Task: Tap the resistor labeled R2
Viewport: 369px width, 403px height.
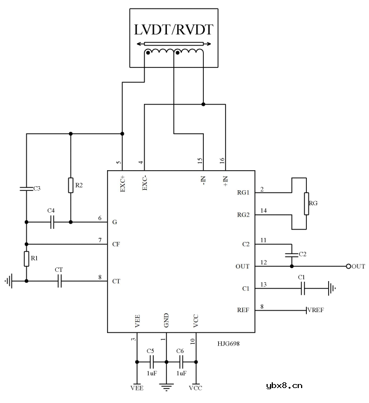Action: (x=71, y=185)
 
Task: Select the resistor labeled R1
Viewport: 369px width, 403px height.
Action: (x=26, y=259)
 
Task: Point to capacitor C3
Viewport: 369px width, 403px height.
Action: (x=26, y=188)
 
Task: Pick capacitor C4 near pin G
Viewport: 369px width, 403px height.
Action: (x=51, y=222)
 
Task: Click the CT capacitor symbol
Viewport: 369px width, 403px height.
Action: (x=59, y=281)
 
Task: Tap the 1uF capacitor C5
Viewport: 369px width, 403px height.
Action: (x=151, y=362)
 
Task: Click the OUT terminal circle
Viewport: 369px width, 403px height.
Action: (x=348, y=266)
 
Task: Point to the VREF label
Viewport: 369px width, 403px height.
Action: (x=316, y=310)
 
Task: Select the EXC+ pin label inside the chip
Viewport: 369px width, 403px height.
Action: (x=123, y=182)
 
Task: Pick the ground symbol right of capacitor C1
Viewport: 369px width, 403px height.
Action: (x=332, y=288)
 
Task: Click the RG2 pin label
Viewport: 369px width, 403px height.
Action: (x=243, y=215)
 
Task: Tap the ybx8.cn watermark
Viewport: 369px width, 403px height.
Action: (x=284, y=386)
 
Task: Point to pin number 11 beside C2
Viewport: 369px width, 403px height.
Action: (x=264, y=240)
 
